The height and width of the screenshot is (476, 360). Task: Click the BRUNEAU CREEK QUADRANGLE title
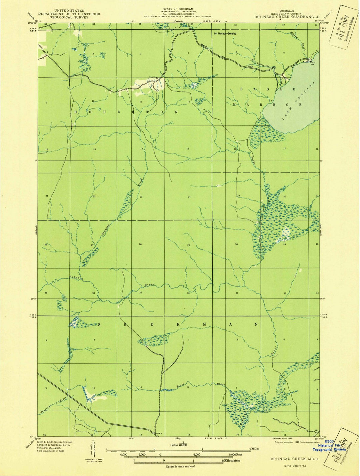tap(287, 17)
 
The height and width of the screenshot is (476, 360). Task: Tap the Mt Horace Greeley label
tap(225, 33)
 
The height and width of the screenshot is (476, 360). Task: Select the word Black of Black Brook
tap(181, 386)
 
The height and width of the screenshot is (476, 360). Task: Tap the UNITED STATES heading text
tap(69, 11)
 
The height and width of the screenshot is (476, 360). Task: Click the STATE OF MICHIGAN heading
tap(178, 8)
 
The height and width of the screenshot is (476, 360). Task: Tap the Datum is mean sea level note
tap(180, 466)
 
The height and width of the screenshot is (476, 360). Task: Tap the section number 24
tap(189, 197)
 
